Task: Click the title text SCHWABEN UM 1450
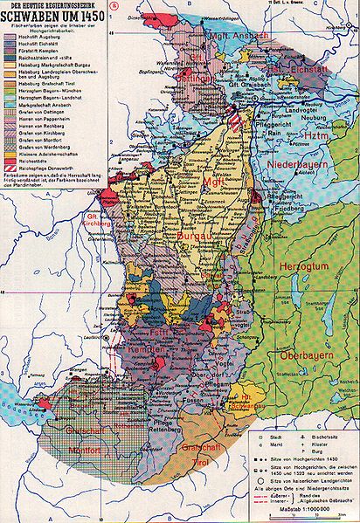[x=52, y=18]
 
